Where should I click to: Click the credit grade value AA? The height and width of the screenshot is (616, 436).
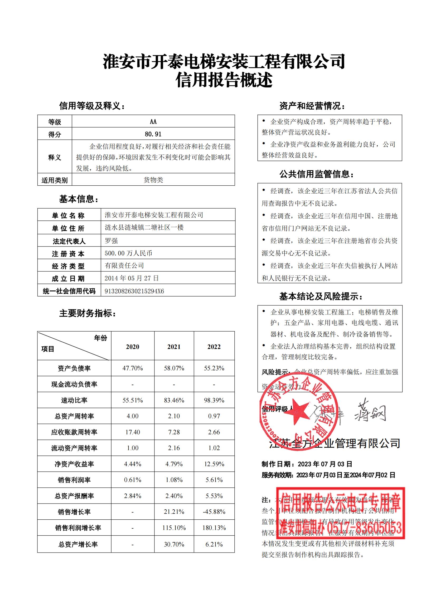[153, 121]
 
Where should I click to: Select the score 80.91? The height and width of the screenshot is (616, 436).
[153, 134]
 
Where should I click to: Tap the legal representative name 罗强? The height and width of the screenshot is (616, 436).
[111, 241]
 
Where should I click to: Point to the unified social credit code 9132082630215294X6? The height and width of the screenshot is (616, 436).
[134, 291]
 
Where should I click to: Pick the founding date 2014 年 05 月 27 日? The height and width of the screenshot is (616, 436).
[132, 278]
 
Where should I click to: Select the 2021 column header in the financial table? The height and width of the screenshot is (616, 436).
[174, 347]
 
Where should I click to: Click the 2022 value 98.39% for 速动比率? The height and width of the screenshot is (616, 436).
[214, 400]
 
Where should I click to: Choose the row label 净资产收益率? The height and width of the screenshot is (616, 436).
[74, 464]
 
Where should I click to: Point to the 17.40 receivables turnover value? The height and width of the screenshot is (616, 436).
[133, 432]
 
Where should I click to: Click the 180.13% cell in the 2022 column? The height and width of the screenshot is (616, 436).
[214, 528]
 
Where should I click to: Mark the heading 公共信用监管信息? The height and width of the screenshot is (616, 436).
[317, 174]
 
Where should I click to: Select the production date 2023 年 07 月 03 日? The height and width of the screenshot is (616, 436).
[325, 464]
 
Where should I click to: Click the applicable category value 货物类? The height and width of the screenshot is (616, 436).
[153, 180]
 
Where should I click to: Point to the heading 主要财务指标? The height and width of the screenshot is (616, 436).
[88, 313]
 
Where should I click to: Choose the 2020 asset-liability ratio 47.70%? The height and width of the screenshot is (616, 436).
[133, 368]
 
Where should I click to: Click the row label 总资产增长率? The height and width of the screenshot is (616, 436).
[78, 544]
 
